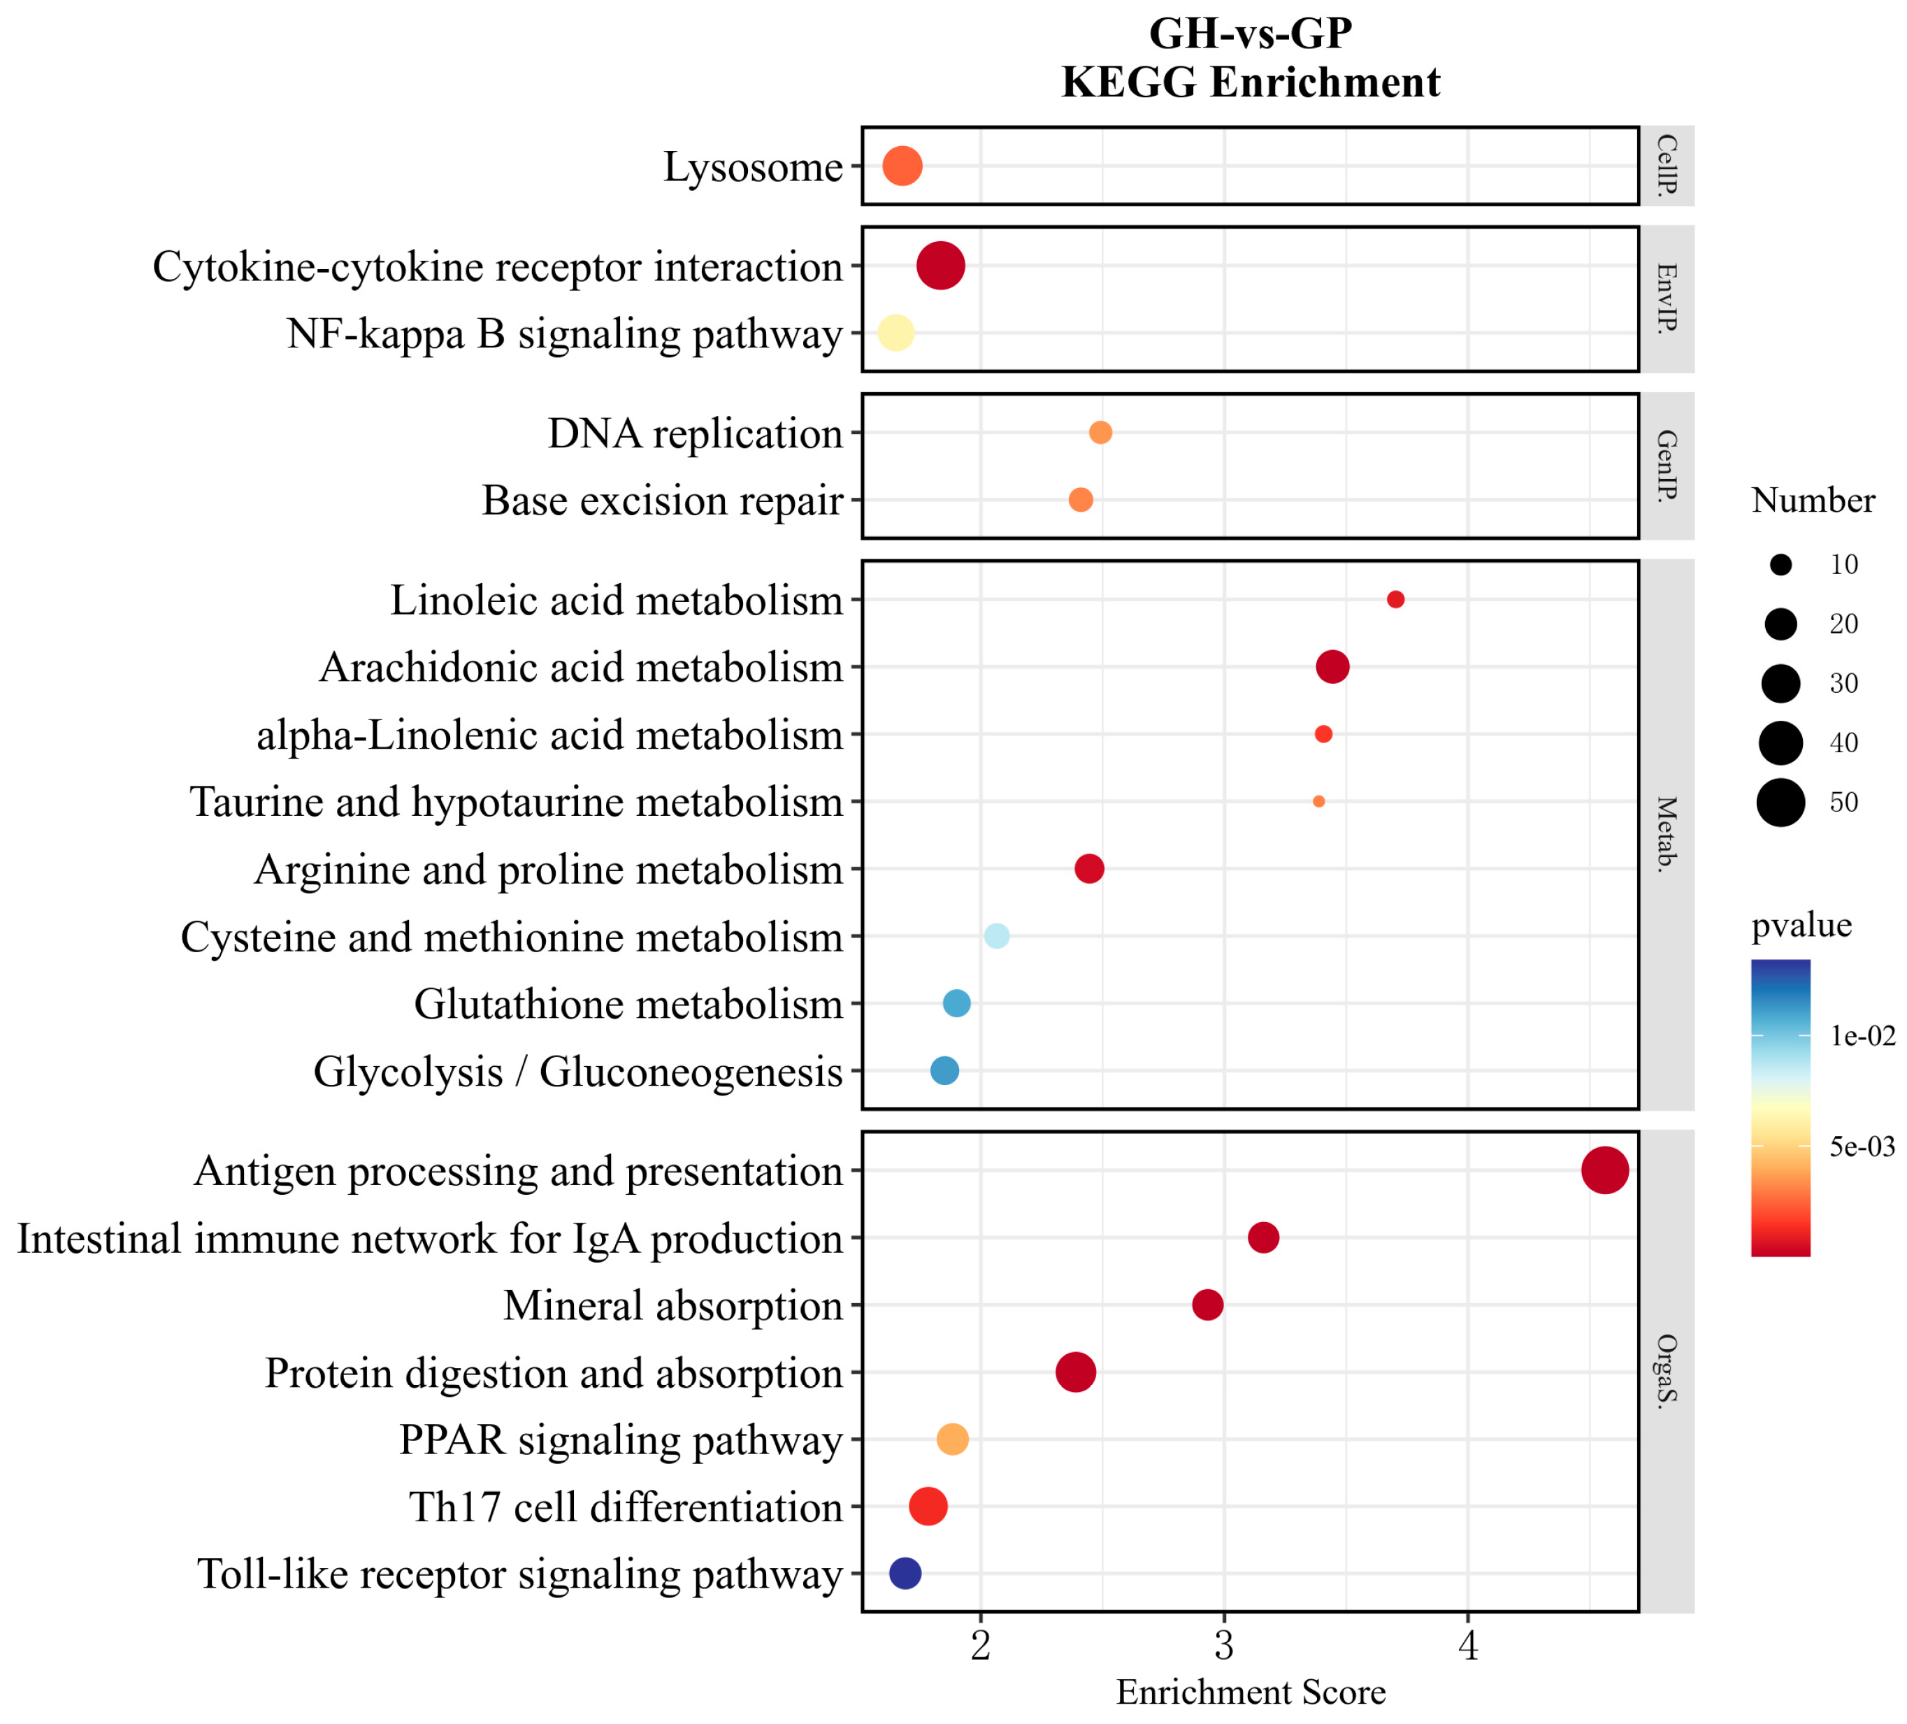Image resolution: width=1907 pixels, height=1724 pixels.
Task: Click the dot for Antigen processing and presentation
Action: click(x=1604, y=1170)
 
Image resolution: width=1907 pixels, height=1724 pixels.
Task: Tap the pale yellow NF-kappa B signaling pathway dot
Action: click(x=895, y=333)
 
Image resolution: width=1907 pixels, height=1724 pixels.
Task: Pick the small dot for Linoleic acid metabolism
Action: click(x=1395, y=599)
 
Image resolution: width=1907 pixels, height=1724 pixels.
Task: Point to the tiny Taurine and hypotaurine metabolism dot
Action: click(x=1318, y=801)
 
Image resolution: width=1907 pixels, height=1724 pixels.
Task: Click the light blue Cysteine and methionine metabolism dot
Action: click(x=996, y=936)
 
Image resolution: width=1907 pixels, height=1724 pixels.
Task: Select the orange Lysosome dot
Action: click(x=902, y=166)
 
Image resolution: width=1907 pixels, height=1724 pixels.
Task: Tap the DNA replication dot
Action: click(x=1100, y=433)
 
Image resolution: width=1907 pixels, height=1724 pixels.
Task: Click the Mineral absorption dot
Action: click(x=1207, y=1305)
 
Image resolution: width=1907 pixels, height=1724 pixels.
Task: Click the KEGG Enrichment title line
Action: click(x=1251, y=82)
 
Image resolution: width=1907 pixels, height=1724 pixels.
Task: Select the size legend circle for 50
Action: click(x=1781, y=803)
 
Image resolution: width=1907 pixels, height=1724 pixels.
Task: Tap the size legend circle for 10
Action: click(x=1781, y=565)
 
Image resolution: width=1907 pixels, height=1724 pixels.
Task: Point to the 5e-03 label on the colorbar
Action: click(x=1862, y=1147)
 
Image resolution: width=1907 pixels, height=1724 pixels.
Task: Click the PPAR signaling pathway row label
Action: click(x=621, y=1440)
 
